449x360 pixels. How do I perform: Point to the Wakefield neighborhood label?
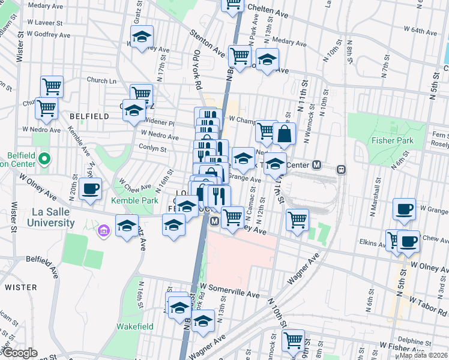click(x=134, y=327)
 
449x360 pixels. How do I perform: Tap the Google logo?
click(x=20, y=353)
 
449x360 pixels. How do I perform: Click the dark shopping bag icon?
click(x=284, y=134)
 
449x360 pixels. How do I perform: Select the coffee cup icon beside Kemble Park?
click(x=91, y=188)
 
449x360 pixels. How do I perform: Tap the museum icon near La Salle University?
click(x=103, y=230)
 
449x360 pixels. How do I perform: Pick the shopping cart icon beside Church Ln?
click(x=52, y=86)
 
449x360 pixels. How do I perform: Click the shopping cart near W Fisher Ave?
click(x=294, y=340)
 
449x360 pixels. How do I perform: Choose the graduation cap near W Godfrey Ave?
click(x=142, y=37)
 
